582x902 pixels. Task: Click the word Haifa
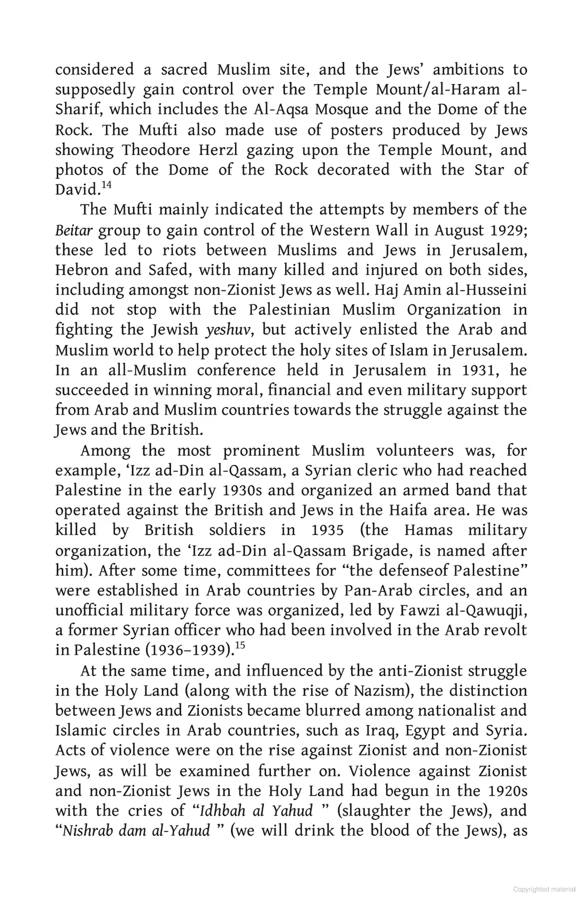411,510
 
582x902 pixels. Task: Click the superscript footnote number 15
240,645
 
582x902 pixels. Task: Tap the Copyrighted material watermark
544,889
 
